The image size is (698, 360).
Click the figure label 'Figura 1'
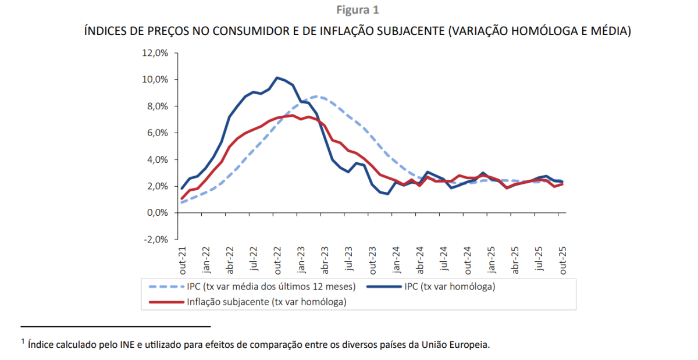point(358,10)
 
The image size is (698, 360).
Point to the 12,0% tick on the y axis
point(155,53)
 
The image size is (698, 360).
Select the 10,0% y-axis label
point(155,80)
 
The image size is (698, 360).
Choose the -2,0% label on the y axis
point(155,240)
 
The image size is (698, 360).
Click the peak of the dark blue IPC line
point(277,77)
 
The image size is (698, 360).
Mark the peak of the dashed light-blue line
point(316,96)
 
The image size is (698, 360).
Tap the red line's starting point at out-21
point(182,199)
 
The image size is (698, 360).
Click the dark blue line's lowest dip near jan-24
point(387,194)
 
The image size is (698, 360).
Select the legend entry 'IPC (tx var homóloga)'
point(449,287)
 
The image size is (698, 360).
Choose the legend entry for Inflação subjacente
point(266,301)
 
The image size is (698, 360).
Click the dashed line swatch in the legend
point(166,287)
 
